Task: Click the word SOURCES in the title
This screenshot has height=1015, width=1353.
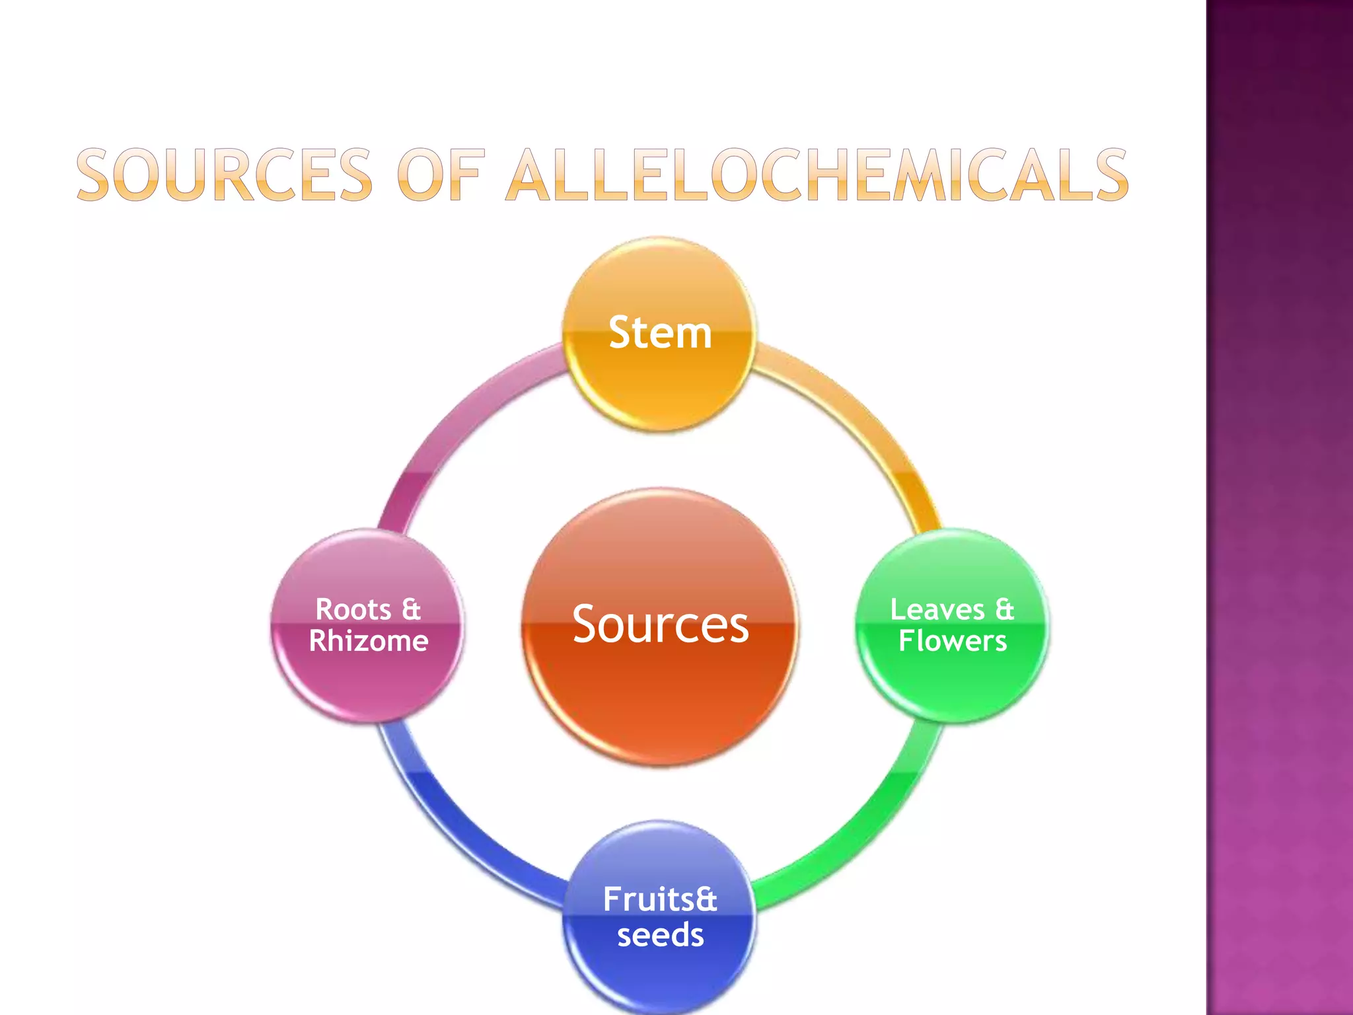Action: click(225, 174)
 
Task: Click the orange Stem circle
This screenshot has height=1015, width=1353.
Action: click(659, 334)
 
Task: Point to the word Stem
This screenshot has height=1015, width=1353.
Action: click(660, 332)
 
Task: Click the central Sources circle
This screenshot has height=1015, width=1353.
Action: click(660, 626)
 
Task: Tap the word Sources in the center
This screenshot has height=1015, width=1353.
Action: click(661, 624)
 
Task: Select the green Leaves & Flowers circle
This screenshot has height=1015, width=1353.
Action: click(952, 625)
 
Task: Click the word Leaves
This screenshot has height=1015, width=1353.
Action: click(937, 609)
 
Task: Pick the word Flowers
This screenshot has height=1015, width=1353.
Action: click(953, 641)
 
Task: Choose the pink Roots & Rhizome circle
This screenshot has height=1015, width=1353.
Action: click(368, 625)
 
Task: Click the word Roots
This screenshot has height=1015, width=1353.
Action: click(353, 609)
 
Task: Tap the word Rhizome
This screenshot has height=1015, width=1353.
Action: click(369, 641)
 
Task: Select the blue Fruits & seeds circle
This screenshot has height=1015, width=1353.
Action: click(659, 917)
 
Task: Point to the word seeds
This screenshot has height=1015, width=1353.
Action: click(661, 935)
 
